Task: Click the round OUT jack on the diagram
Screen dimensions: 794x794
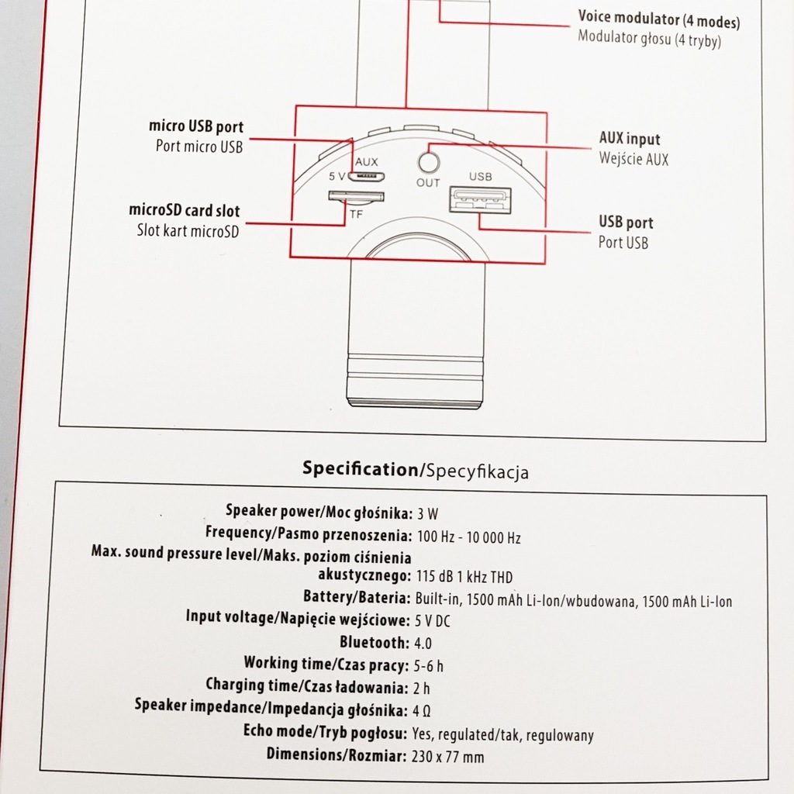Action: point(429,163)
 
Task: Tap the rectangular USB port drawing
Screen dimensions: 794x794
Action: point(479,200)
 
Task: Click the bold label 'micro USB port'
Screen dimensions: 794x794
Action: point(196,126)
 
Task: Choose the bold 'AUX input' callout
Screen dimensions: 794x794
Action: point(630,140)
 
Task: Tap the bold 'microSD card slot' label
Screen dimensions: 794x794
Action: point(185,210)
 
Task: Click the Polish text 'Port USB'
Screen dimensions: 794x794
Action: point(623,243)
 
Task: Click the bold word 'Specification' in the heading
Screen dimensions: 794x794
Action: point(360,468)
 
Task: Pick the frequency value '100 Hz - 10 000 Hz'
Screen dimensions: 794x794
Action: point(469,537)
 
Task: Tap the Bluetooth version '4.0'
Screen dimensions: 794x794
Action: point(423,644)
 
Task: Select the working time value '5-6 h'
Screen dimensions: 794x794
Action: point(430,665)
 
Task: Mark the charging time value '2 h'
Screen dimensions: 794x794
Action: point(423,688)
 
